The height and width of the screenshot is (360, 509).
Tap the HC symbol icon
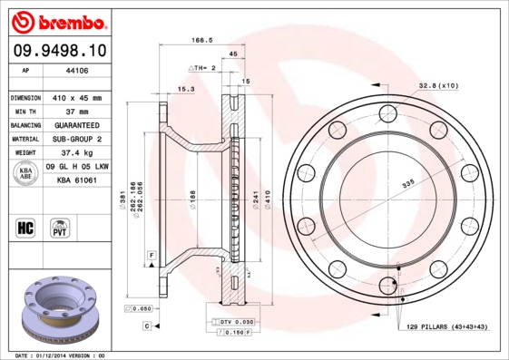click(x=25, y=227)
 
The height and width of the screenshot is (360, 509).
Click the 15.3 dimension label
click(x=186, y=89)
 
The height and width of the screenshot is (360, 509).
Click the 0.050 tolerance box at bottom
click(x=141, y=309)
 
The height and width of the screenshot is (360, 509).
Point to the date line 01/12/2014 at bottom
click(x=61, y=355)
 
